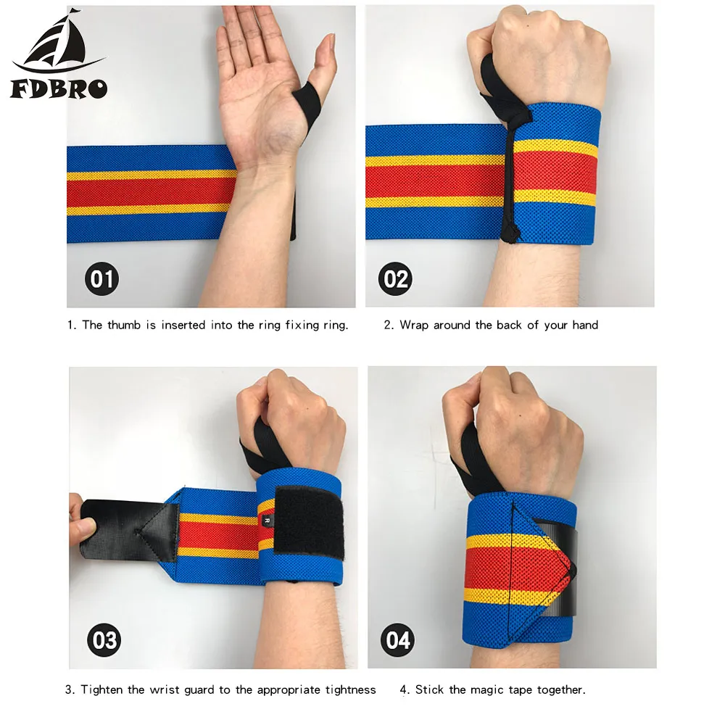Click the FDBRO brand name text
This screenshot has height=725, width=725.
tap(59, 88)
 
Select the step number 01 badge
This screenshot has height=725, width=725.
tap(101, 279)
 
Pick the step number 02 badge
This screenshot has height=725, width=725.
tap(395, 279)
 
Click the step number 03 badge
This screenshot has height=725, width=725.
tap(104, 640)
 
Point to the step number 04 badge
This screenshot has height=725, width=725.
tap(397, 640)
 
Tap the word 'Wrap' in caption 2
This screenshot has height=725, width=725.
tap(414, 326)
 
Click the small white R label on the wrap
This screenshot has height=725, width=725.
tap(267, 521)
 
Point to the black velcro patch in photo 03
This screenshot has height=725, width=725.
tap(309, 521)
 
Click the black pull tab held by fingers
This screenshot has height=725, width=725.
tap(130, 531)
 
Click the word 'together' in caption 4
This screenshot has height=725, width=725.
tap(561, 690)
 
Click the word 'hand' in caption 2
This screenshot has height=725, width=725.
tap(585, 325)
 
